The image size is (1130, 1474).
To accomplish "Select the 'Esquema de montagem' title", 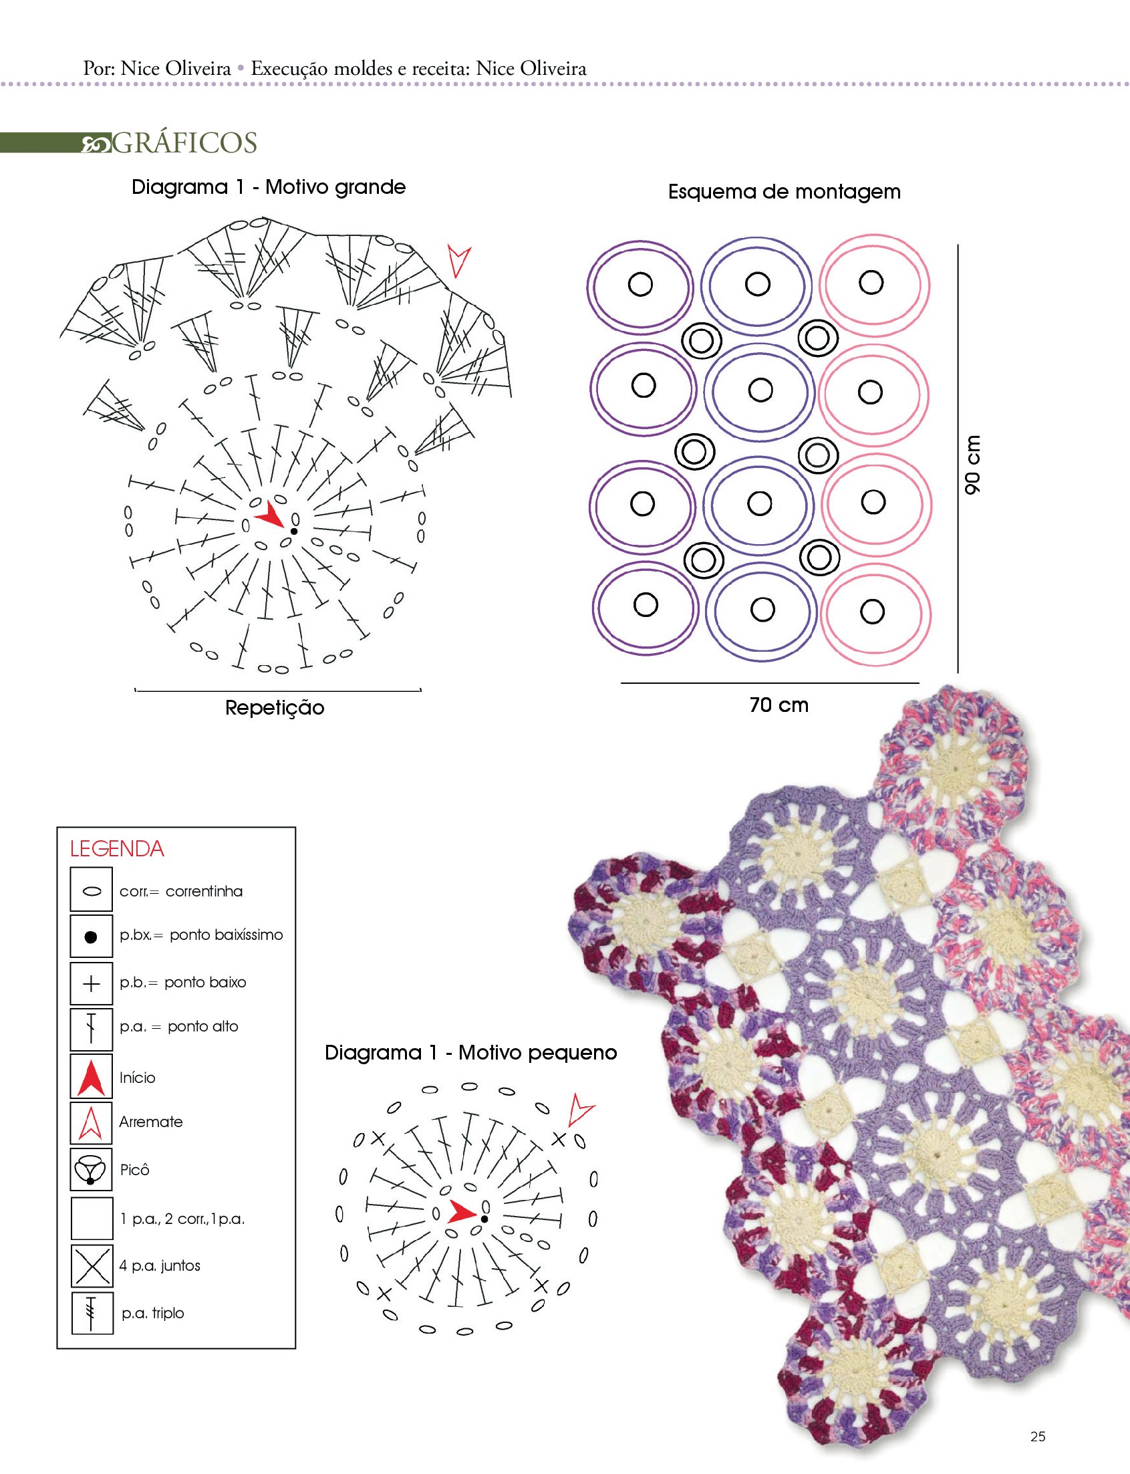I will click(784, 192).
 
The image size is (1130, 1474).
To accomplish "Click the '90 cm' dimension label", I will click(972, 463).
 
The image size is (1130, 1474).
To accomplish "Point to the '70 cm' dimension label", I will click(779, 705).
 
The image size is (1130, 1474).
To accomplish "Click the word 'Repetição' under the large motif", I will click(275, 708).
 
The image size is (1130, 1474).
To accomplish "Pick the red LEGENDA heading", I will click(117, 848).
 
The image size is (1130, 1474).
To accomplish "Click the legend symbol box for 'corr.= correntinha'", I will click(92, 890).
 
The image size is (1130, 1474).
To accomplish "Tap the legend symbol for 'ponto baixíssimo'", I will click(92, 936).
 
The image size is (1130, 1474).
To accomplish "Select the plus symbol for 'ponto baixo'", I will click(92, 983).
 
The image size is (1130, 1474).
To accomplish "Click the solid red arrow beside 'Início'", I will click(92, 1077).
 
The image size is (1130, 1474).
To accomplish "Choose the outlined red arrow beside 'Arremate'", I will click(92, 1122).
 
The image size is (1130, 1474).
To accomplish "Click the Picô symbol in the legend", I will click(92, 1170).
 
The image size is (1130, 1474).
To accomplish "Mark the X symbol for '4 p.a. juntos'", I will click(92, 1265).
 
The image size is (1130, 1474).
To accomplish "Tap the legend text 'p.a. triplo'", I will click(152, 1312).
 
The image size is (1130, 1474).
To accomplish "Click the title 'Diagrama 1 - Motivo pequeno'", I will click(471, 1053).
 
